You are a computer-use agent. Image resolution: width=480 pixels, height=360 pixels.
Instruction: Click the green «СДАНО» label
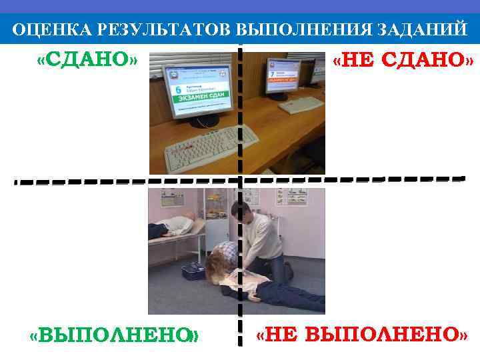coord(87,61)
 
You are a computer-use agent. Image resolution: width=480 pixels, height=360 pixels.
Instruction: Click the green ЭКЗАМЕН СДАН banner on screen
coord(199,98)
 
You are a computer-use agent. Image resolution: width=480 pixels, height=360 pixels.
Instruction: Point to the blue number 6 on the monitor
coord(177,89)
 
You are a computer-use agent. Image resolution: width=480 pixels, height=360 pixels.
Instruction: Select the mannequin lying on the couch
coord(172,226)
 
